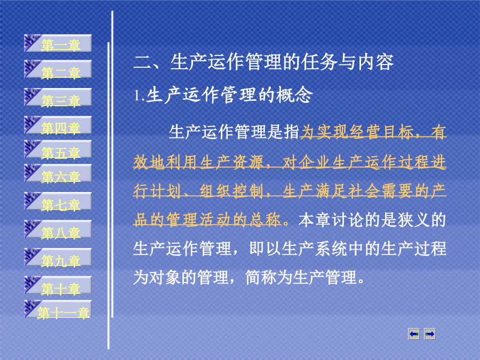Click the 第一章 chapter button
pos(58,43)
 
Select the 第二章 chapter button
pos(58,69)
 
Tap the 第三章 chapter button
pos(58,98)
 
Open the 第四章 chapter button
pos(58,125)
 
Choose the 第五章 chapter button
pos(58,149)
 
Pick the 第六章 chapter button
pos(58,173)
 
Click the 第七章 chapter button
pos(58,201)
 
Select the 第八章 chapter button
pos(58,229)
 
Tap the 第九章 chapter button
pos(58,257)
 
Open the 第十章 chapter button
pos(58,285)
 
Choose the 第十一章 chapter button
pos(58,309)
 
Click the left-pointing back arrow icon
pos(414,334)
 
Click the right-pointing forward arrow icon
pos(430,334)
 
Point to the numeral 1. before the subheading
pos(139,95)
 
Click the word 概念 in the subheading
pos(294,94)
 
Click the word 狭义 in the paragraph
pos(414,220)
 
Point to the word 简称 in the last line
pos(261,277)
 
